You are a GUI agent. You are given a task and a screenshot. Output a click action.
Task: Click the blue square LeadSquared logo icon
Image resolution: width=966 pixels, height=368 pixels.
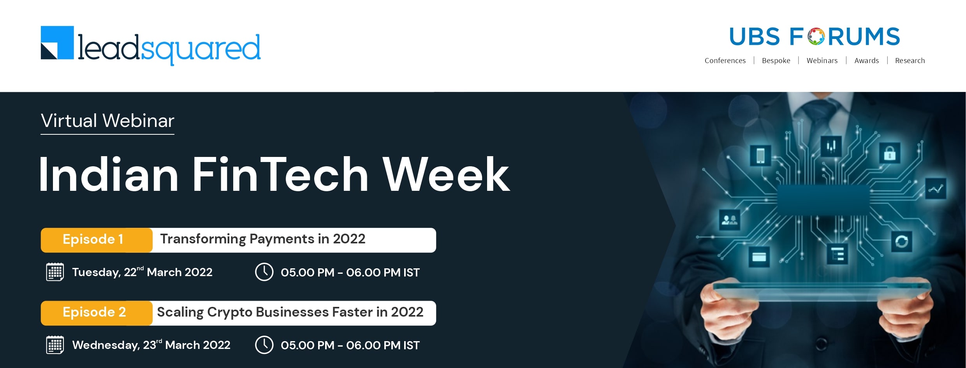coord(57,43)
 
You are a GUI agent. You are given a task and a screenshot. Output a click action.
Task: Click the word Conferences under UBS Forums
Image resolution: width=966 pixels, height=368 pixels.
coord(725,61)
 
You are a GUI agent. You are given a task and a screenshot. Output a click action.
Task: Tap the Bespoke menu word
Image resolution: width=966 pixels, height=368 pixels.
coord(776,61)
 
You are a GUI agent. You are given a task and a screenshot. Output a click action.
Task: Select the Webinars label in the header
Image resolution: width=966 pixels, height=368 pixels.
coord(822,61)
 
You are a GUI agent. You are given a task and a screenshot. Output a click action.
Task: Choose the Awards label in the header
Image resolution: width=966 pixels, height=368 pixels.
coord(867,61)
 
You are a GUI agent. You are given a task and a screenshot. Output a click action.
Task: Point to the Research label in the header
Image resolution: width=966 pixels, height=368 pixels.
coord(910,61)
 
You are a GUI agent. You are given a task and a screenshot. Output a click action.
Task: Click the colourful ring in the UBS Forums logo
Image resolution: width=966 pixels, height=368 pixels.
coord(816,37)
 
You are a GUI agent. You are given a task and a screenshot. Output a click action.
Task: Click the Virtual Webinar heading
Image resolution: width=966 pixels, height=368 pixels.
coord(107,121)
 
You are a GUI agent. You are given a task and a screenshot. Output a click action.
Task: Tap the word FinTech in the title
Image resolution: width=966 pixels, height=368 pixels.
coord(280,174)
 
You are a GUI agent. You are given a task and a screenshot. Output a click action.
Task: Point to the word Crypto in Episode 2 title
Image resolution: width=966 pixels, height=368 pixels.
coord(230,313)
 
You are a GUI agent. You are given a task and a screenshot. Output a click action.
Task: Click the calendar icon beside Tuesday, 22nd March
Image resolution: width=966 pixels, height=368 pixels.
coord(55,272)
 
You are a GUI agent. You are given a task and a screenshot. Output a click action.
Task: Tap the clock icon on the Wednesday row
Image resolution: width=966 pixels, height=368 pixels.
coord(264,345)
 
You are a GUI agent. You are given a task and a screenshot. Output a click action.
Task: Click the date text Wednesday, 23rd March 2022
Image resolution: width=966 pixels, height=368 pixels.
coord(151,345)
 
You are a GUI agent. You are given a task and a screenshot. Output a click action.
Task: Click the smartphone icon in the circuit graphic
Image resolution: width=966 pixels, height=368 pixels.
coord(760,155)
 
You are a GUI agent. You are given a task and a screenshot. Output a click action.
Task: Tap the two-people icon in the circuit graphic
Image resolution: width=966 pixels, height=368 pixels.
coord(729,220)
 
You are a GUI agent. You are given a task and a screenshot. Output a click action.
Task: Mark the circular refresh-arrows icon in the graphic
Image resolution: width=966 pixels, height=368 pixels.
coord(901,241)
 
